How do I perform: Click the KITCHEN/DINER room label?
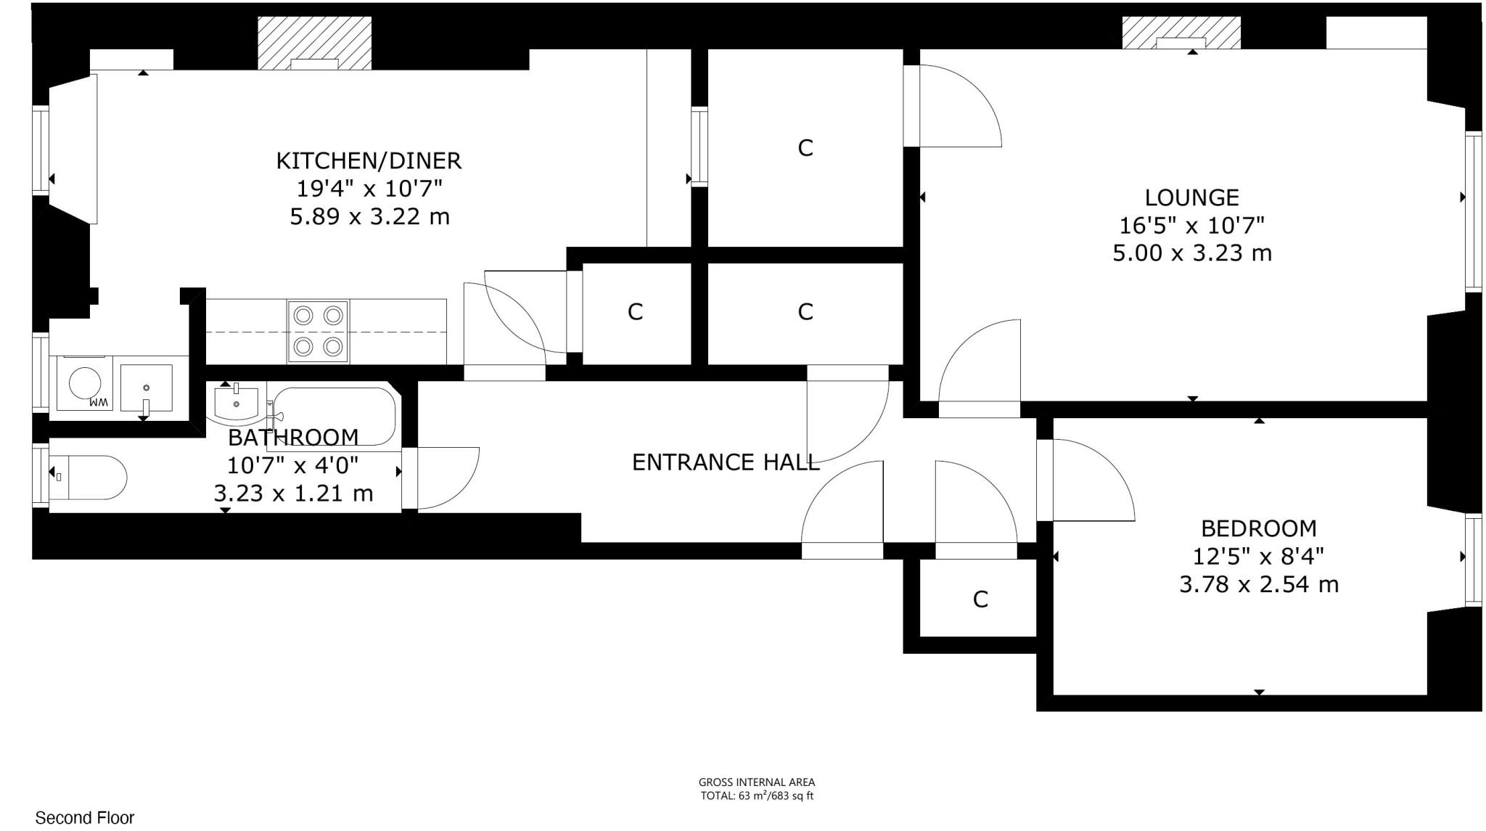click(369, 160)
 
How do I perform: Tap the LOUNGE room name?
click(1191, 197)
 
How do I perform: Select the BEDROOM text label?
click(1258, 528)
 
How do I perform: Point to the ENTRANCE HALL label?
click(725, 462)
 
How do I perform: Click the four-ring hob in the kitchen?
click(318, 331)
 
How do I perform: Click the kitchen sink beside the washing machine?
click(147, 388)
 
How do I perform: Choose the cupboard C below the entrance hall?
click(980, 599)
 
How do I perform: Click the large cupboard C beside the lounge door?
click(805, 148)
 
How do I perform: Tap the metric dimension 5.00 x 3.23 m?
click(1191, 253)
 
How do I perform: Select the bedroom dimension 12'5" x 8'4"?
click(1258, 557)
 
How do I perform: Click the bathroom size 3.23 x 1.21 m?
click(293, 494)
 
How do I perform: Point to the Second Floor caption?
click(85, 818)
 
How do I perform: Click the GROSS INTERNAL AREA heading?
click(756, 782)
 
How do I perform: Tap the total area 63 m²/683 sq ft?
click(756, 795)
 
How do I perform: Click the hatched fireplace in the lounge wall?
click(1181, 33)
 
